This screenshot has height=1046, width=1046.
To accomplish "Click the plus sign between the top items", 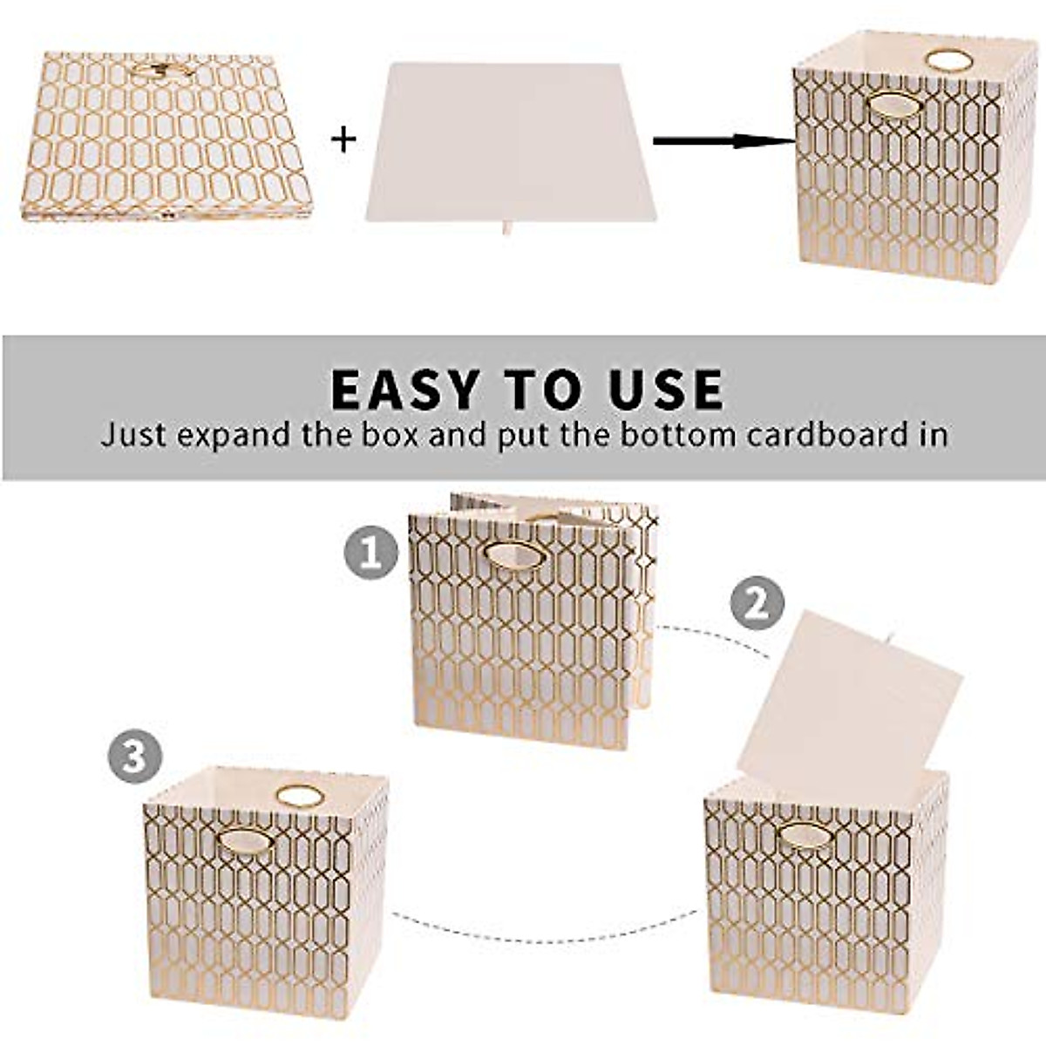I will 344,139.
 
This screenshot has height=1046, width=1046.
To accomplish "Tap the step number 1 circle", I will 370,553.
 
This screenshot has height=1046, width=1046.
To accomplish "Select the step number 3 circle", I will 134,757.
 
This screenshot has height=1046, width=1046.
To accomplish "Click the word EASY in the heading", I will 405,390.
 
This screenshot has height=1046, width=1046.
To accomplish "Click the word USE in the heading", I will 666,390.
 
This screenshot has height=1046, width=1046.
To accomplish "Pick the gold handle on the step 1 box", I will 516,555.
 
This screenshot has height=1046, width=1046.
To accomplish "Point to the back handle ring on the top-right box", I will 948,59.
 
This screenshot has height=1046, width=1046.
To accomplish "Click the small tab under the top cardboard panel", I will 508,230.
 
